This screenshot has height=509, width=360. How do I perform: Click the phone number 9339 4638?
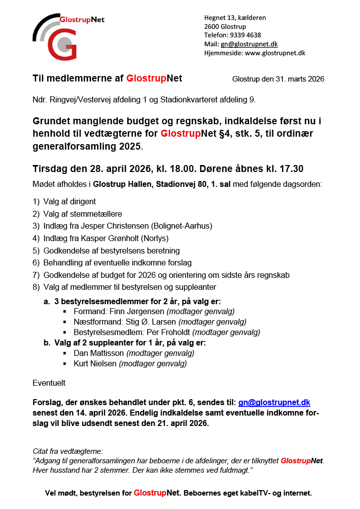tap(245, 35)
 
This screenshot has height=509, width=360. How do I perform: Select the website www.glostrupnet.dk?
tap(275, 53)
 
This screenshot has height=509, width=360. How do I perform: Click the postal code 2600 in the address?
tap(212, 26)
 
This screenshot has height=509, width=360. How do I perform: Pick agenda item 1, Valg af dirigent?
tap(69, 202)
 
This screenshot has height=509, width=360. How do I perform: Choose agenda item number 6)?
tap(36, 262)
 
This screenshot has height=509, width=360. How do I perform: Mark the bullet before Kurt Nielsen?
tap(65, 364)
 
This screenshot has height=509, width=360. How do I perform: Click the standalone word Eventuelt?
tap(49, 383)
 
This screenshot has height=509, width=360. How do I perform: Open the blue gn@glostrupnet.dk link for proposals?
tap(274, 402)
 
